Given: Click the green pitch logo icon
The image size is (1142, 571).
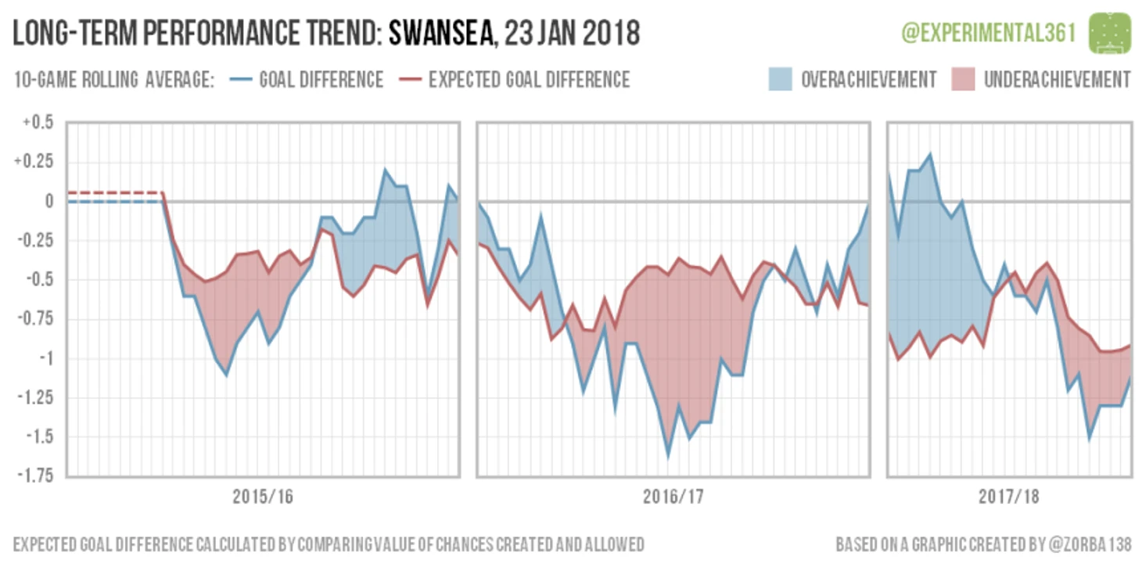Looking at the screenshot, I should coord(1111,32).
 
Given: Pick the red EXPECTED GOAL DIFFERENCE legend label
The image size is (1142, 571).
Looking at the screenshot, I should coord(529,80).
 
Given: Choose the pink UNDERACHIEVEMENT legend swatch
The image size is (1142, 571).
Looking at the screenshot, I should coord(963,80).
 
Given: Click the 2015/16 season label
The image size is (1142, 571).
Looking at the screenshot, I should coord(263,497).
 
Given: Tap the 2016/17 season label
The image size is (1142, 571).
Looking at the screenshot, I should coord(673,497).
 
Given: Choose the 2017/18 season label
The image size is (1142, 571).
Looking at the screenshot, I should coord(1008,497).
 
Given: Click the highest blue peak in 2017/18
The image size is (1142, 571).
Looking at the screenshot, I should coord(930,154).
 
